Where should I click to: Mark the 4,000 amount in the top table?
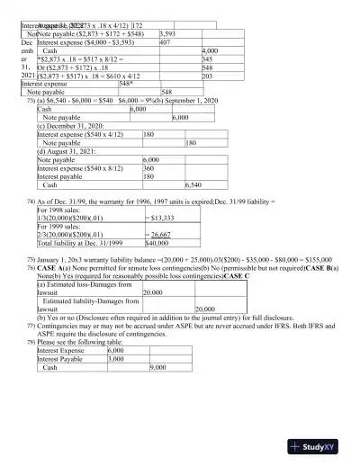(212, 51)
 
